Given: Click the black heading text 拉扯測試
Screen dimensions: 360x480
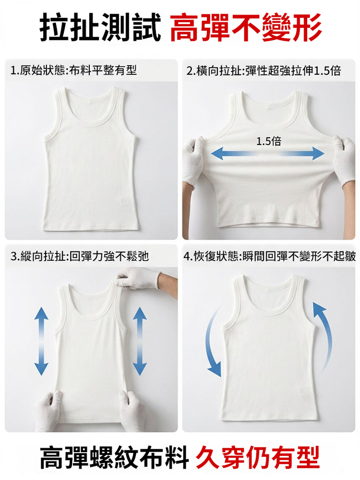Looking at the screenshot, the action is (100, 27).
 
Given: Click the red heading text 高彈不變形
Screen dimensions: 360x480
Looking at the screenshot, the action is (246, 27).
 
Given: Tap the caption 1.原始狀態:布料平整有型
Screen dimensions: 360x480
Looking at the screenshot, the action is (73, 71).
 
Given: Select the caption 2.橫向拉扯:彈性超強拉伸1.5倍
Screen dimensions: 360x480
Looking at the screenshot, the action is (264, 71).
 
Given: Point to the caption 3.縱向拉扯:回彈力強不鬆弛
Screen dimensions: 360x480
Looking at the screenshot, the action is (80, 256).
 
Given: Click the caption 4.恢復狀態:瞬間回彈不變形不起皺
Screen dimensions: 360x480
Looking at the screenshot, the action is (270, 256).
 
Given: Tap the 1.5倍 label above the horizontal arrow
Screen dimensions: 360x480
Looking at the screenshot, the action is (268, 142).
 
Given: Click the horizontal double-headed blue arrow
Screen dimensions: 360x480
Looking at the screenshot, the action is (268, 153).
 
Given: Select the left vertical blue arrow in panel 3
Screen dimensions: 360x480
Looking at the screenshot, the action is (41, 341).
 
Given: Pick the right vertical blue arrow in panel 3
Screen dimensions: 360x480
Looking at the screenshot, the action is (140, 341).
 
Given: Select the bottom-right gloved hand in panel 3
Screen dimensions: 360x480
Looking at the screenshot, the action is (132, 410).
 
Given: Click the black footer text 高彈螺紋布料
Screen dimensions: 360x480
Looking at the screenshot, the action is (114, 458).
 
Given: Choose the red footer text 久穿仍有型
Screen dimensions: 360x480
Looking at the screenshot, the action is (258, 458).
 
